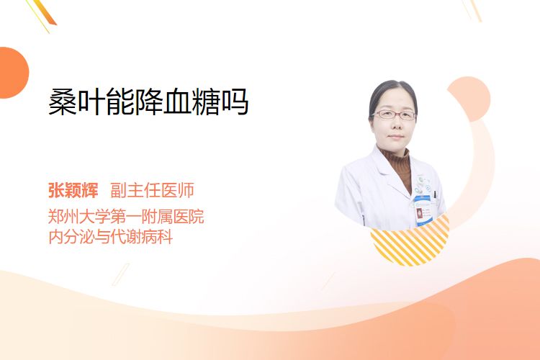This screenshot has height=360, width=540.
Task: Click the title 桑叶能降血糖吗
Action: click(148, 102)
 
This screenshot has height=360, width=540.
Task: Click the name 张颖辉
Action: click(73, 190)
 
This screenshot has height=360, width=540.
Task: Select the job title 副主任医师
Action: click(152, 190)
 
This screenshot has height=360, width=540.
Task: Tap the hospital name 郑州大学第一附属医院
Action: click(126, 217)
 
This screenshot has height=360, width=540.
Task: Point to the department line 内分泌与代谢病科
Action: click(111, 237)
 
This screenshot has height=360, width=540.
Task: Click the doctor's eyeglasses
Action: click(395, 114)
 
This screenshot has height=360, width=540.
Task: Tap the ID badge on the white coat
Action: click(423, 210)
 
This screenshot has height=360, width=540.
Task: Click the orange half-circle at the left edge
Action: click(13, 73)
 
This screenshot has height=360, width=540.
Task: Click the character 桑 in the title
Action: click(63, 102)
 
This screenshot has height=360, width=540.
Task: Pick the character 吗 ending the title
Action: click(235, 102)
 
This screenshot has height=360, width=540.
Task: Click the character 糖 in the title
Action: click(206, 102)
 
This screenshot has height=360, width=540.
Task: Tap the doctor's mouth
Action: click(395, 137)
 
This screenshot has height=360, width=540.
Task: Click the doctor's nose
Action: click(395, 125)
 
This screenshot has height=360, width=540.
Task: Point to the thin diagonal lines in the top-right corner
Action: click(472, 10)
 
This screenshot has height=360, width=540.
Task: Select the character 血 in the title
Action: click(177, 102)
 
